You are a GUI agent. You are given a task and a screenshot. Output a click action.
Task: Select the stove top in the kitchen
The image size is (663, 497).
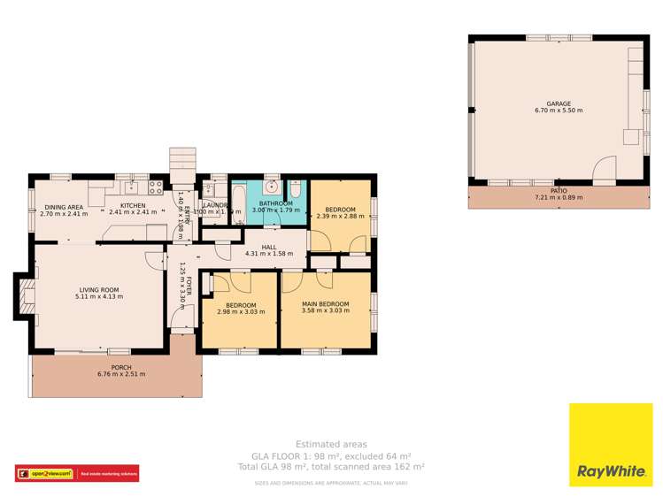(x=156, y=187)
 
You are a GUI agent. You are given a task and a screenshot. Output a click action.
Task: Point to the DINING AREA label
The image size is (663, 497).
(x=64, y=207)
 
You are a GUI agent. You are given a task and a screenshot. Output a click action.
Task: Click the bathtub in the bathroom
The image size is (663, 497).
(x=238, y=205)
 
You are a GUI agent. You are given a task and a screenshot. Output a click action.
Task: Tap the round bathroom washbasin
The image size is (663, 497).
(x=273, y=188)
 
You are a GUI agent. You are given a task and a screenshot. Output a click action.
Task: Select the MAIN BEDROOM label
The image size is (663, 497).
(x=325, y=304)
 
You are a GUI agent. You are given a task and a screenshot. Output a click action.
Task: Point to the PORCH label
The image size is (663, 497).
(x=121, y=367)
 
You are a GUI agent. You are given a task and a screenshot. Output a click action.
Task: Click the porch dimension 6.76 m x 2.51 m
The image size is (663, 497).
(x=121, y=374)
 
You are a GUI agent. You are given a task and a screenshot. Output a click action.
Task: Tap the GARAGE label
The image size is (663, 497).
(x=559, y=103)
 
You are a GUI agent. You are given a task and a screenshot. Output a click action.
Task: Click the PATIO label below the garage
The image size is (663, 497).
(x=559, y=190)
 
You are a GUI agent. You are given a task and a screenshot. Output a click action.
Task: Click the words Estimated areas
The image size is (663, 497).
(x=331, y=445)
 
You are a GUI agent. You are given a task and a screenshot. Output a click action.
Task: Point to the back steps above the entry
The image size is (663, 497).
(x=182, y=160)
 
